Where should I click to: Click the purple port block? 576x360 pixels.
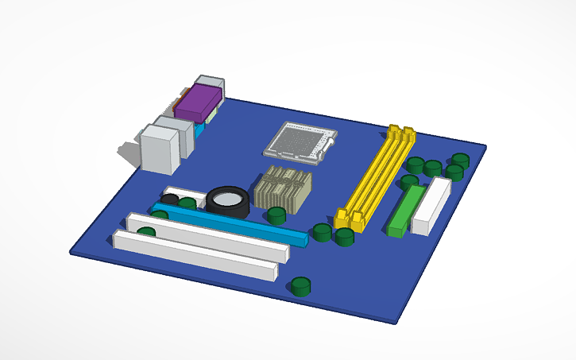click(198, 103)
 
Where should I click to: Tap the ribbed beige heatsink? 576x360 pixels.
click(283, 189)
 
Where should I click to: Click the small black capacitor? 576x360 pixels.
click(169, 199)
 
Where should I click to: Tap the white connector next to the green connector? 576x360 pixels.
click(431, 206)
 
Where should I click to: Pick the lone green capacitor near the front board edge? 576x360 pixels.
click(300, 286)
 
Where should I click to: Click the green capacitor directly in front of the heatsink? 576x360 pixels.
click(276, 215)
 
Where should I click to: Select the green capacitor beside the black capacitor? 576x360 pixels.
click(187, 203)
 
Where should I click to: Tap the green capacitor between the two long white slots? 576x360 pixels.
click(146, 232)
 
